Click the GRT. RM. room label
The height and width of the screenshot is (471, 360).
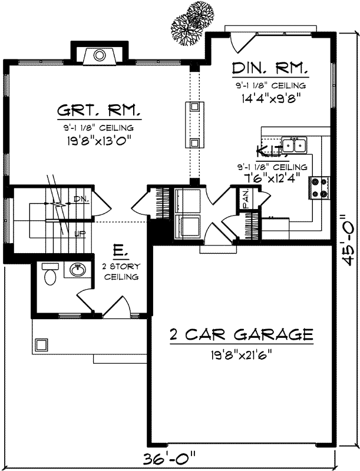click(x=98, y=111)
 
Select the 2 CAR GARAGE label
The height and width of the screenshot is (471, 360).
click(x=240, y=335)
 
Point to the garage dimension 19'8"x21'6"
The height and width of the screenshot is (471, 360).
click(x=240, y=355)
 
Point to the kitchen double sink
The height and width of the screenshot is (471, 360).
click(x=293, y=144)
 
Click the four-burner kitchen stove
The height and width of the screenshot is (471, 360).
click(x=319, y=188)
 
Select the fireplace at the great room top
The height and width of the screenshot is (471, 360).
click(x=100, y=56)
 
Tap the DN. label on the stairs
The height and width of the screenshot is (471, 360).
click(x=81, y=200)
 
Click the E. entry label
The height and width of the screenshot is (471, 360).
click(x=118, y=252)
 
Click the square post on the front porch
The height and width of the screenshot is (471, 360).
click(x=41, y=344)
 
